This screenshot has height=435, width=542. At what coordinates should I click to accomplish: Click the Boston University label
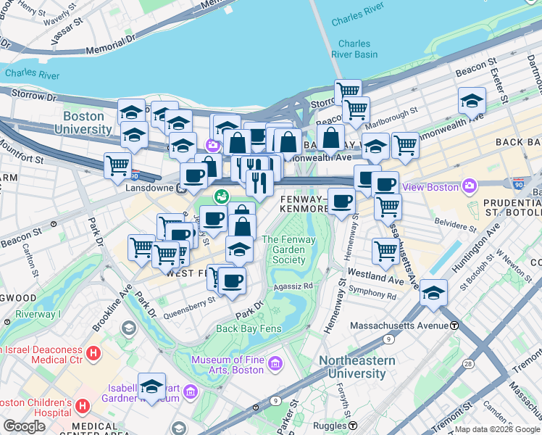point(88,123)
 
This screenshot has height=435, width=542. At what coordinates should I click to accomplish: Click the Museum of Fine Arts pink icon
point(275,362)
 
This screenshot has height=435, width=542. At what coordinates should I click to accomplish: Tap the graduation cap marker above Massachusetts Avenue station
point(433,293)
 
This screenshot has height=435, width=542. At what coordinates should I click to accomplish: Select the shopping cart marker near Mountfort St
point(117,165)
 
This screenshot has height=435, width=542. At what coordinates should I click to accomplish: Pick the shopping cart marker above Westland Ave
point(385,252)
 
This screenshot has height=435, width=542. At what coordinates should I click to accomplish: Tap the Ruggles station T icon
point(353,425)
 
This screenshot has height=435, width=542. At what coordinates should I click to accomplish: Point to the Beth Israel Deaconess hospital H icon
point(93,353)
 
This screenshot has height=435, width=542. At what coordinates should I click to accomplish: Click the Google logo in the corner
point(24,426)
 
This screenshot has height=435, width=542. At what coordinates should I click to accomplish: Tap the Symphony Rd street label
point(372,296)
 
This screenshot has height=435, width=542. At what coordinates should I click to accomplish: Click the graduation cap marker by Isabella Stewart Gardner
point(152,386)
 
